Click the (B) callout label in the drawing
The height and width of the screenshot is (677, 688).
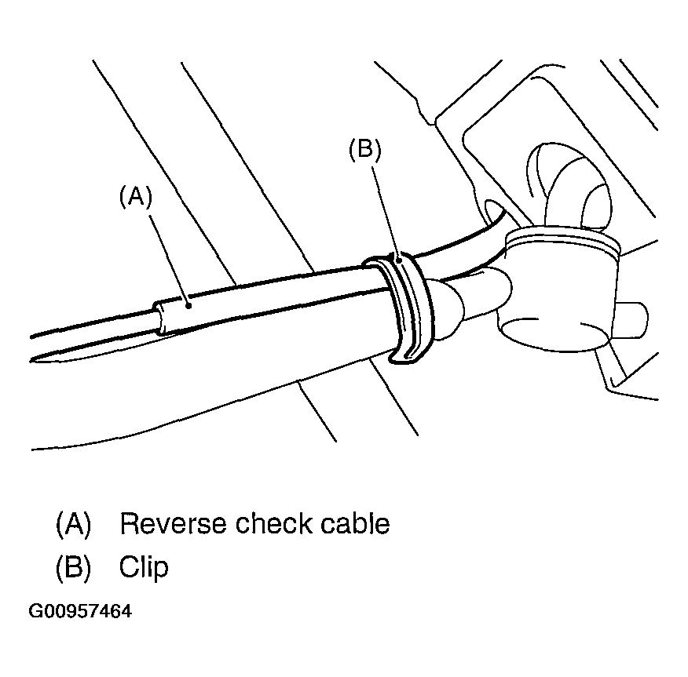point(365,151)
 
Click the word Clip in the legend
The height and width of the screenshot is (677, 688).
point(144,566)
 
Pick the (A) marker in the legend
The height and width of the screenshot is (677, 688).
point(73,523)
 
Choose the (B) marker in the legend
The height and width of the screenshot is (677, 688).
point(73,566)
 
